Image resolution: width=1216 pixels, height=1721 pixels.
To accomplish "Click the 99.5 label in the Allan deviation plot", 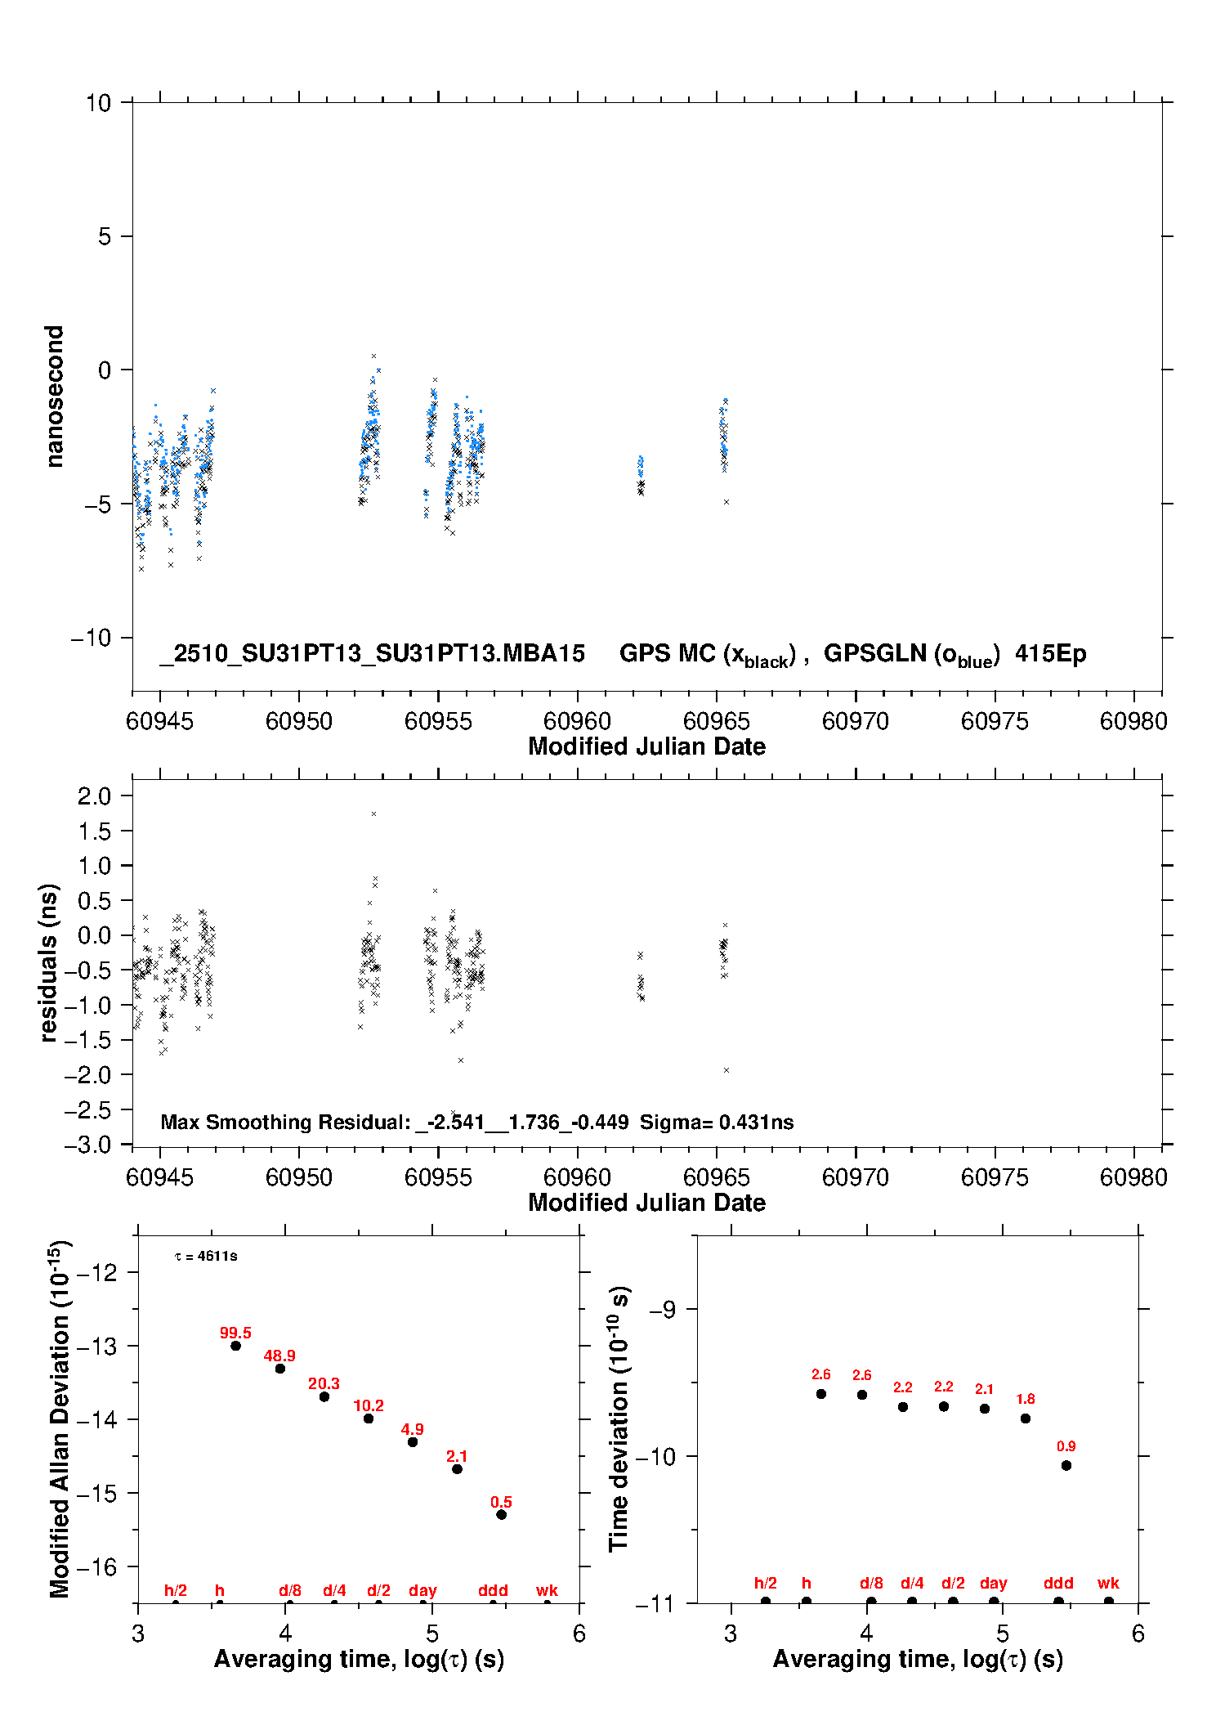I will coord(235,1333).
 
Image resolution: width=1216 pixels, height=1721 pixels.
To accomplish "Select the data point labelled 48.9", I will coord(280,1369).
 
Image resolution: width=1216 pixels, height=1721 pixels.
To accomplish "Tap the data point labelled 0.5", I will coord(502,1515).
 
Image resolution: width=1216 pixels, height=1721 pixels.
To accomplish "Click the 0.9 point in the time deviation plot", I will coord(1066,1466).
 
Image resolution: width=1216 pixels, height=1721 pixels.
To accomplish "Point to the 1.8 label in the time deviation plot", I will coord(1026,1399).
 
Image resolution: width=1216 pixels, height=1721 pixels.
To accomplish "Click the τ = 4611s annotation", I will coord(206,1257).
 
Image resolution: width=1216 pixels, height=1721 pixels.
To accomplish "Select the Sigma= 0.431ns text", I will coord(717,1123).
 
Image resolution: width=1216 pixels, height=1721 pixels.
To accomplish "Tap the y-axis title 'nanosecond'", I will coord(54,397).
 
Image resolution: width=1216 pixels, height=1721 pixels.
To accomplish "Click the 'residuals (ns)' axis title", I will coord(49,963).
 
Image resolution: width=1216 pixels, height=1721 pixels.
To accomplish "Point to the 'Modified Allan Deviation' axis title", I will coord(59,1418).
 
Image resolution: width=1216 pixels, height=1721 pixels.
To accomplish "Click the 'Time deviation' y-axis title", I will coord(619,1418).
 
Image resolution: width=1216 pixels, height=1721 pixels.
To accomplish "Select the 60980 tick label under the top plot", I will coord(1133,721).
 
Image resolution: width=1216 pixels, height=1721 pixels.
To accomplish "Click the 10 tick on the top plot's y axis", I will coord(98,103).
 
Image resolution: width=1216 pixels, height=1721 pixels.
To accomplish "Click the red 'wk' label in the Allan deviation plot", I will coord(547,1590).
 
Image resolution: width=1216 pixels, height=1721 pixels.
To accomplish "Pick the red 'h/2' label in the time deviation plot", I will coord(765,1584).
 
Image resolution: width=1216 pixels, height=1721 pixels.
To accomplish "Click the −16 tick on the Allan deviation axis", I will coord(96,1566).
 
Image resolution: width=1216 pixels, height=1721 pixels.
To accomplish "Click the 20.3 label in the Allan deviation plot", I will coord(324,1383).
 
